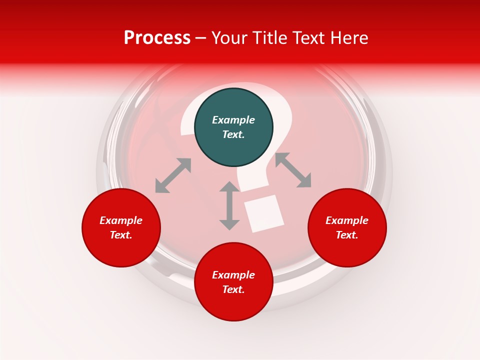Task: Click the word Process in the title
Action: (157, 38)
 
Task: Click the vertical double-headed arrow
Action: (229, 205)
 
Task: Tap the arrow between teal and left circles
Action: (173, 175)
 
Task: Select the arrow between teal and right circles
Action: (293, 170)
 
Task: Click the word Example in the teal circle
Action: (233, 120)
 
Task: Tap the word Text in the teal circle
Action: (233, 134)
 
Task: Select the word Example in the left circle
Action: (121, 220)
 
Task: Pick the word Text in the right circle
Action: (347, 235)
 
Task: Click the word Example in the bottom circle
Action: (233, 275)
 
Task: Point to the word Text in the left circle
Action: (121, 235)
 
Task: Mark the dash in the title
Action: (200, 38)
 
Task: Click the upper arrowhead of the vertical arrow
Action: (229, 187)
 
